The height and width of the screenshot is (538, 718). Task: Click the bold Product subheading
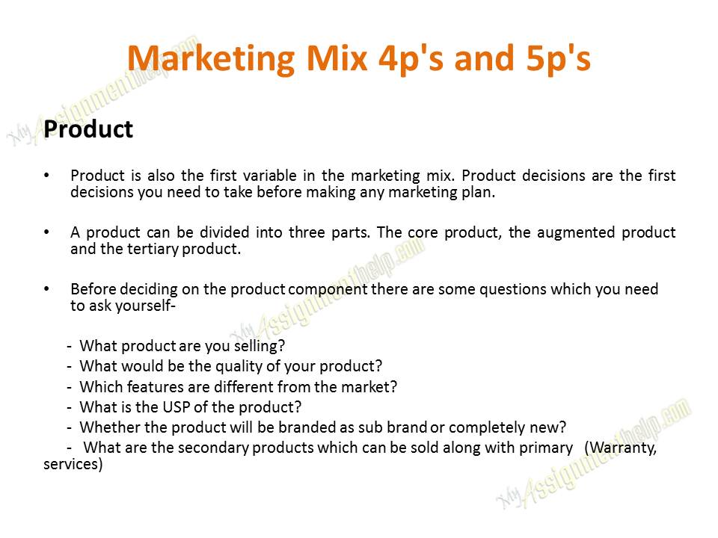click(x=88, y=129)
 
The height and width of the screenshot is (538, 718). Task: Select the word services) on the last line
click(x=73, y=464)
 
